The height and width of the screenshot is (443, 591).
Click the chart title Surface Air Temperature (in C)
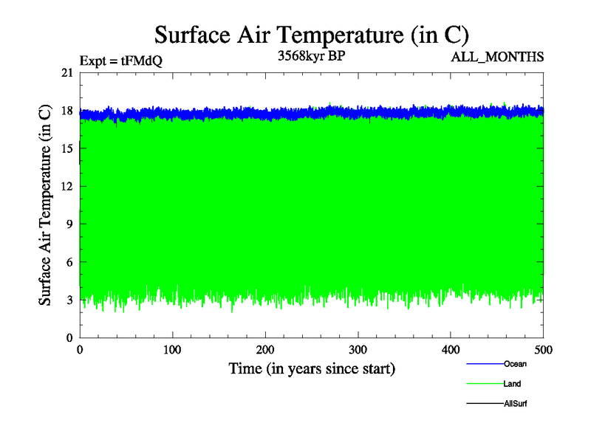[x=312, y=35]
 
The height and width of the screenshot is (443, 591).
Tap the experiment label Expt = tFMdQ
[x=120, y=61]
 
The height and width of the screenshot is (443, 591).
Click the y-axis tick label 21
[x=67, y=72]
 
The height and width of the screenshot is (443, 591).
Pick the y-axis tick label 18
[x=67, y=111]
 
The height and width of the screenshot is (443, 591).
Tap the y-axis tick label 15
[x=67, y=148]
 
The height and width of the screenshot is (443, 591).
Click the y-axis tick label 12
[x=67, y=186]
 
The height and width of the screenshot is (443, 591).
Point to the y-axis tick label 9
[x=69, y=224]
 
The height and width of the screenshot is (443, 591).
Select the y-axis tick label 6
[x=69, y=262]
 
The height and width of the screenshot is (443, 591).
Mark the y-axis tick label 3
[x=69, y=300]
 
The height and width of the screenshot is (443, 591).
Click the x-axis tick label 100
[x=172, y=349]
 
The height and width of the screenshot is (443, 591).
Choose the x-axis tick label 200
[x=265, y=349]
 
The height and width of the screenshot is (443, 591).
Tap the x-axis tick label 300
[x=358, y=349]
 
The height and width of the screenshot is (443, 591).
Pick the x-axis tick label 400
[x=451, y=349]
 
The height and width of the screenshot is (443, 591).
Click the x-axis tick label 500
[x=544, y=349]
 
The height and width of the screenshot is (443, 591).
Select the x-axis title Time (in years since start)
[x=312, y=368]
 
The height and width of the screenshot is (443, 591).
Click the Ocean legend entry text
[x=515, y=364]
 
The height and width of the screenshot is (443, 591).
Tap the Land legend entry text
[x=513, y=384]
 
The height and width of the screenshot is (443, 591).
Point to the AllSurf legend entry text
[x=515, y=404]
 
